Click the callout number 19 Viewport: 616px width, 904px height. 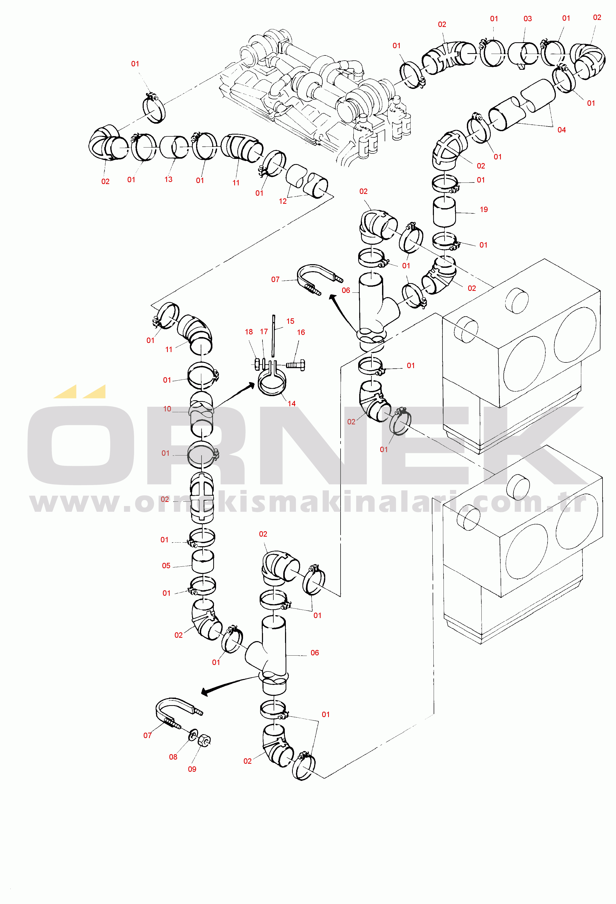point(484,210)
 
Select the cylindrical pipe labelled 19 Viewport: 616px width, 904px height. point(444,212)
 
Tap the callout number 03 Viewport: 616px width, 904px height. point(528,19)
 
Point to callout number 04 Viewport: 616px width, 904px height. point(562,130)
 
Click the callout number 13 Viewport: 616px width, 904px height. point(168,179)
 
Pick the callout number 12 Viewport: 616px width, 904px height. point(283,201)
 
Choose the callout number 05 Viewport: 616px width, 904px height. point(166,566)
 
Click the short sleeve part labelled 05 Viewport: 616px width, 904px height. point(202,561)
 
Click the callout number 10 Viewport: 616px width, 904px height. point(167,409)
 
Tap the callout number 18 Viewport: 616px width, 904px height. point(249,332)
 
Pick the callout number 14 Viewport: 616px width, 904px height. point(292,403)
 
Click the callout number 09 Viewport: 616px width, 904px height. point(192,769)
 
